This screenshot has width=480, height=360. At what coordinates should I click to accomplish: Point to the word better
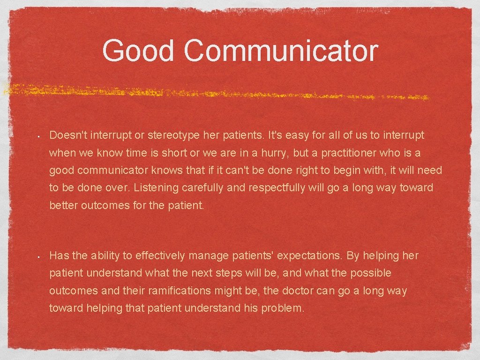tap(64, 205)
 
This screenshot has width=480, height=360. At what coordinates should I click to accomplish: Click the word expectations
tap(310, 255)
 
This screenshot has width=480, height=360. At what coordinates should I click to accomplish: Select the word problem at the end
tap(283, 308)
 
